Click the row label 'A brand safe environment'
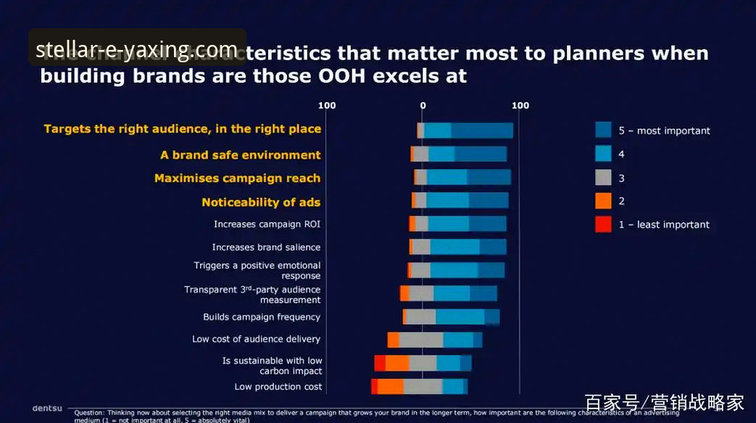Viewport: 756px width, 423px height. [x=240, y=155]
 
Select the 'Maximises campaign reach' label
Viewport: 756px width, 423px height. [x=237, y=178]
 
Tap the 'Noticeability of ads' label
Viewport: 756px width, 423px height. [x=261, y=202]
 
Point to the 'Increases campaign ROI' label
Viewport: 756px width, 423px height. [x=267, y=225]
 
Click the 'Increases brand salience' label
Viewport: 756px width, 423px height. [x=266, y=248]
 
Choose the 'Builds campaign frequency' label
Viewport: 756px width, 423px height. [x=262, y=317]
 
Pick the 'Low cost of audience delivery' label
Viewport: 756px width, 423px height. [x=256, y=339]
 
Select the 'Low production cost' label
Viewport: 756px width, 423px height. [x=278, y=387]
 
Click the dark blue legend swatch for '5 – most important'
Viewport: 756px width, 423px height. [x=603, y=130]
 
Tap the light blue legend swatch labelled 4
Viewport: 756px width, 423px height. [x=603, y=154]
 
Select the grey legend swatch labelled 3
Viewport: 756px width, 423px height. [x=603, y=177]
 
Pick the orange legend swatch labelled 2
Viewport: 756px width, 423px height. [x=603, y=201]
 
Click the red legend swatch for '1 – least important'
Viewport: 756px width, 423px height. [x=603, y=225]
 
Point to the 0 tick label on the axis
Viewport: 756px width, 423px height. [x=423, y=106]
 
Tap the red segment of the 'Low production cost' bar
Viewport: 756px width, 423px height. [x=374, y=387]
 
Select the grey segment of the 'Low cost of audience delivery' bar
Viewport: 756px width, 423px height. [x=421, y=340]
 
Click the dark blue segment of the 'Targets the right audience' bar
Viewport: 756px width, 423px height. [x=482, y=130]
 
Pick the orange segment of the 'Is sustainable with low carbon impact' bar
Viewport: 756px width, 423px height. [x=397, y=363]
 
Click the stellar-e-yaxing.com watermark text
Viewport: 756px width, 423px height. [x=137, y=49]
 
